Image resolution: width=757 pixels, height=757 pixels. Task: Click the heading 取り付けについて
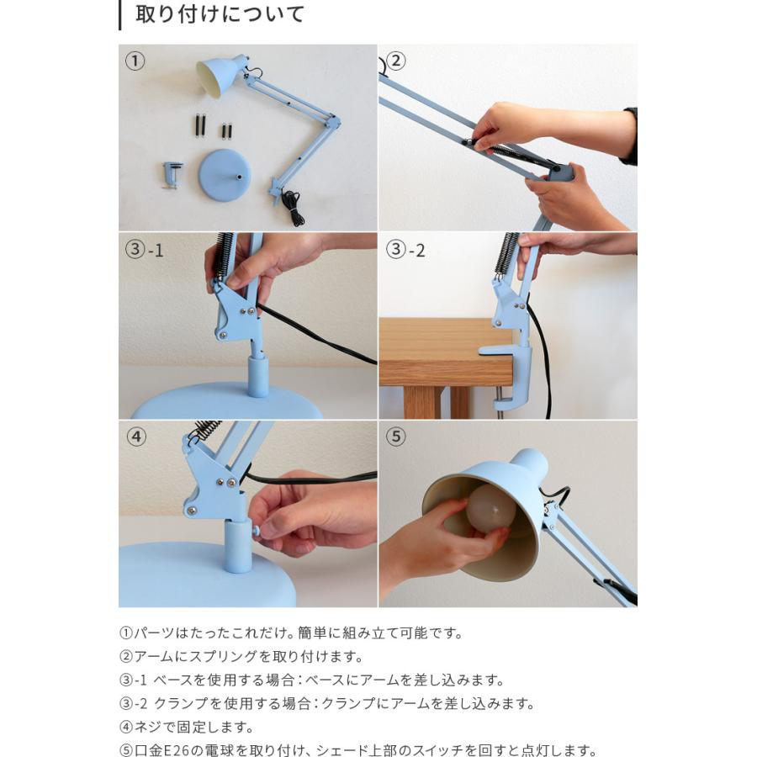(x=220, y=15)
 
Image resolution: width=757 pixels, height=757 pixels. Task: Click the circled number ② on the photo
(x=395, y=61)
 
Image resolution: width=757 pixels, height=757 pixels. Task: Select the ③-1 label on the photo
(x=145, y=250)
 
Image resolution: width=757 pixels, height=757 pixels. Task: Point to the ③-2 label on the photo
(x=406, y=250)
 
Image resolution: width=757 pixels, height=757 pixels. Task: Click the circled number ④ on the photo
(x=135, y=437)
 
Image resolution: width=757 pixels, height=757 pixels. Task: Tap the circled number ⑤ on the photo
(x=396, y=437)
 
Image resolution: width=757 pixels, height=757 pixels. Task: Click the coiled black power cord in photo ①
(x=294, y=207)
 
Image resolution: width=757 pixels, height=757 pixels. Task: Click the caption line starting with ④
(x=186, y=727)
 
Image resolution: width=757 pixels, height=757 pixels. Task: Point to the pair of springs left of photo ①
(x=201, y=125)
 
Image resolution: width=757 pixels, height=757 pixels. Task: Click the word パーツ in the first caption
(x=154, y=633)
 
